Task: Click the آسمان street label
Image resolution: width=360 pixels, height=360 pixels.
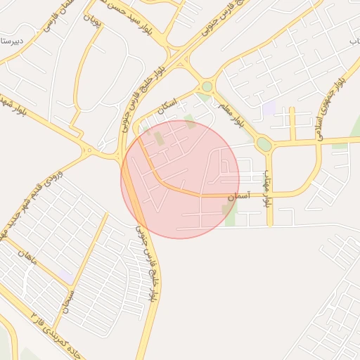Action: coord(237,199)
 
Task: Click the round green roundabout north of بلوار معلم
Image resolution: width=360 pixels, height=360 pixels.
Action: coord(206,87)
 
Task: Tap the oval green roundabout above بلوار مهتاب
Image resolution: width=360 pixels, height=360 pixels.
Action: coord(264,144)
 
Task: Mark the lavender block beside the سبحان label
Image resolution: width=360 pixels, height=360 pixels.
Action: coord(65,274)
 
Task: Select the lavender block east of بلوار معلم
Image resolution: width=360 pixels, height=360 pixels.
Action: coord(269,109)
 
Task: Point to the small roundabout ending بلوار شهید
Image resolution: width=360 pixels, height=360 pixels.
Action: coord(88,149)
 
